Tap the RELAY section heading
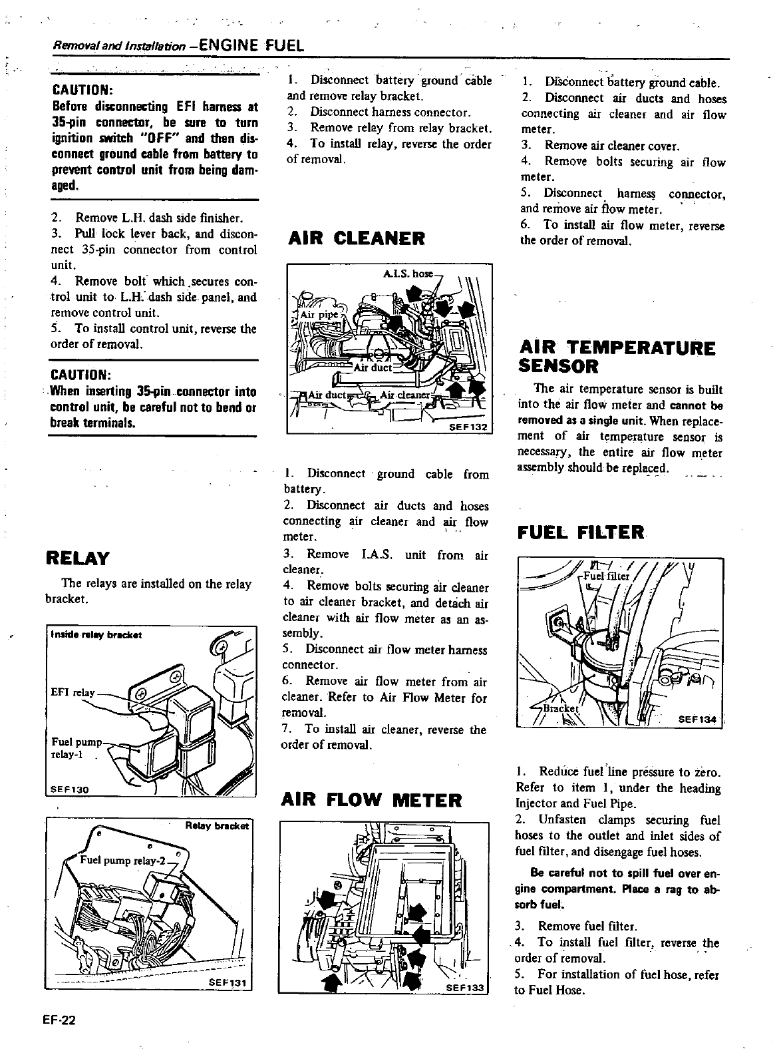77,557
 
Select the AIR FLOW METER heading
372,799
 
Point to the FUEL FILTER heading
581,532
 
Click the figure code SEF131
229,981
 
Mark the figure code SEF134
698,720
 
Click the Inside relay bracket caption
96,634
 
